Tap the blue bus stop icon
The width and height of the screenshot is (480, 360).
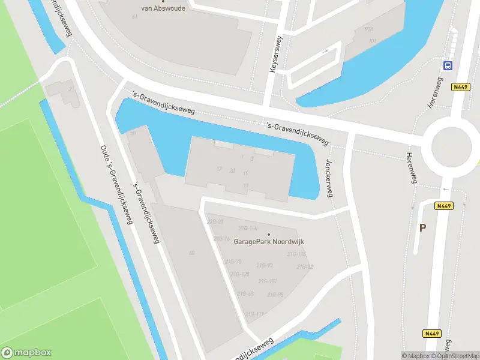[448, 65]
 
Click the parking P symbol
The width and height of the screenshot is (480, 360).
[422, 227]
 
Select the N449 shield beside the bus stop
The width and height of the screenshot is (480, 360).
[460, 87]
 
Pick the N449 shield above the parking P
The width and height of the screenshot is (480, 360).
[444, 206]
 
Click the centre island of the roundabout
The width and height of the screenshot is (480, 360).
[451, 146]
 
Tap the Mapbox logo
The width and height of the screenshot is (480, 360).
[26, 353]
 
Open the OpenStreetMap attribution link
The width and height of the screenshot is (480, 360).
[455, 356]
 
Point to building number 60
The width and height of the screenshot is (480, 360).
[191, 253]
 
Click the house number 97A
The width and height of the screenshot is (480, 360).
[369, 29]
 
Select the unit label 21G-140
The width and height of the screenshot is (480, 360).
[247, 228]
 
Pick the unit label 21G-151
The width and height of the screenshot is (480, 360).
[267, 281]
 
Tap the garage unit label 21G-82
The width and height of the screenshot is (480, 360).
[305, 266]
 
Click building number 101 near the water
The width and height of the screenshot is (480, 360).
[373, 41]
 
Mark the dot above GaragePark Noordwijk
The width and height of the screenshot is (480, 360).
[268, 235]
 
